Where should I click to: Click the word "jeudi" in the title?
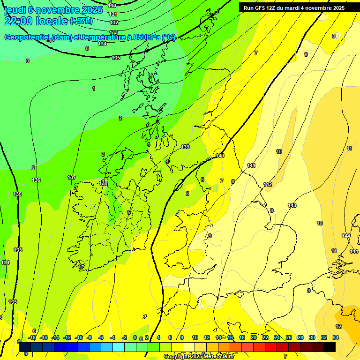[x=15, y=10]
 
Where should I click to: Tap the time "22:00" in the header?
[x=19, y=21]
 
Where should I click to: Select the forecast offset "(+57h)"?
[x=81, y=21]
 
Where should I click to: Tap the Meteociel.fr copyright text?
[x=199, y=357]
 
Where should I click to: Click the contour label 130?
[x=112, y=5]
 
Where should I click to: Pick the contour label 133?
[x=113, y=32]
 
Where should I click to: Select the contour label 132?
[x=114, y=22]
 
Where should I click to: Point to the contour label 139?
[x=185, y=147]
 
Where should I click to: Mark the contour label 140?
[x=220, y=156]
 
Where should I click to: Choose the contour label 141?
[x=251, y=165]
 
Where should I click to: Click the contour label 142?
[x=268, y=184]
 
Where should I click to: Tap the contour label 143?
[x=292, y=205]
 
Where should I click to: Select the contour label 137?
[x=72, y=177]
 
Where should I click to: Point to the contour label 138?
[x=103, y=183]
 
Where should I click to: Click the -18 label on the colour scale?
[x=32, y=337]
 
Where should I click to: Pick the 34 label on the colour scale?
[x=336, y=337]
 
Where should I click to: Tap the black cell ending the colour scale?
[x=330, y=347]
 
